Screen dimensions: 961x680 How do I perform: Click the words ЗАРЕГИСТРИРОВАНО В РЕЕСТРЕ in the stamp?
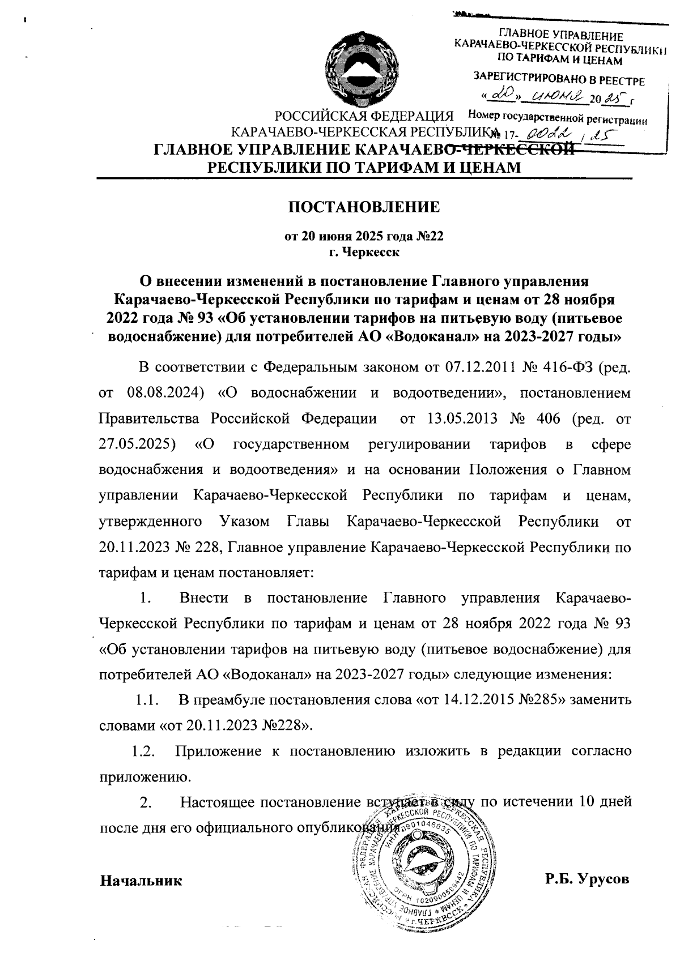(x=559, y=79)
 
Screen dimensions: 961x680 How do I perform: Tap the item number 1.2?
(x=143, y=752)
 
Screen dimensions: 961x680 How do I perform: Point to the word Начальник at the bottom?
(x=141, y=881)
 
